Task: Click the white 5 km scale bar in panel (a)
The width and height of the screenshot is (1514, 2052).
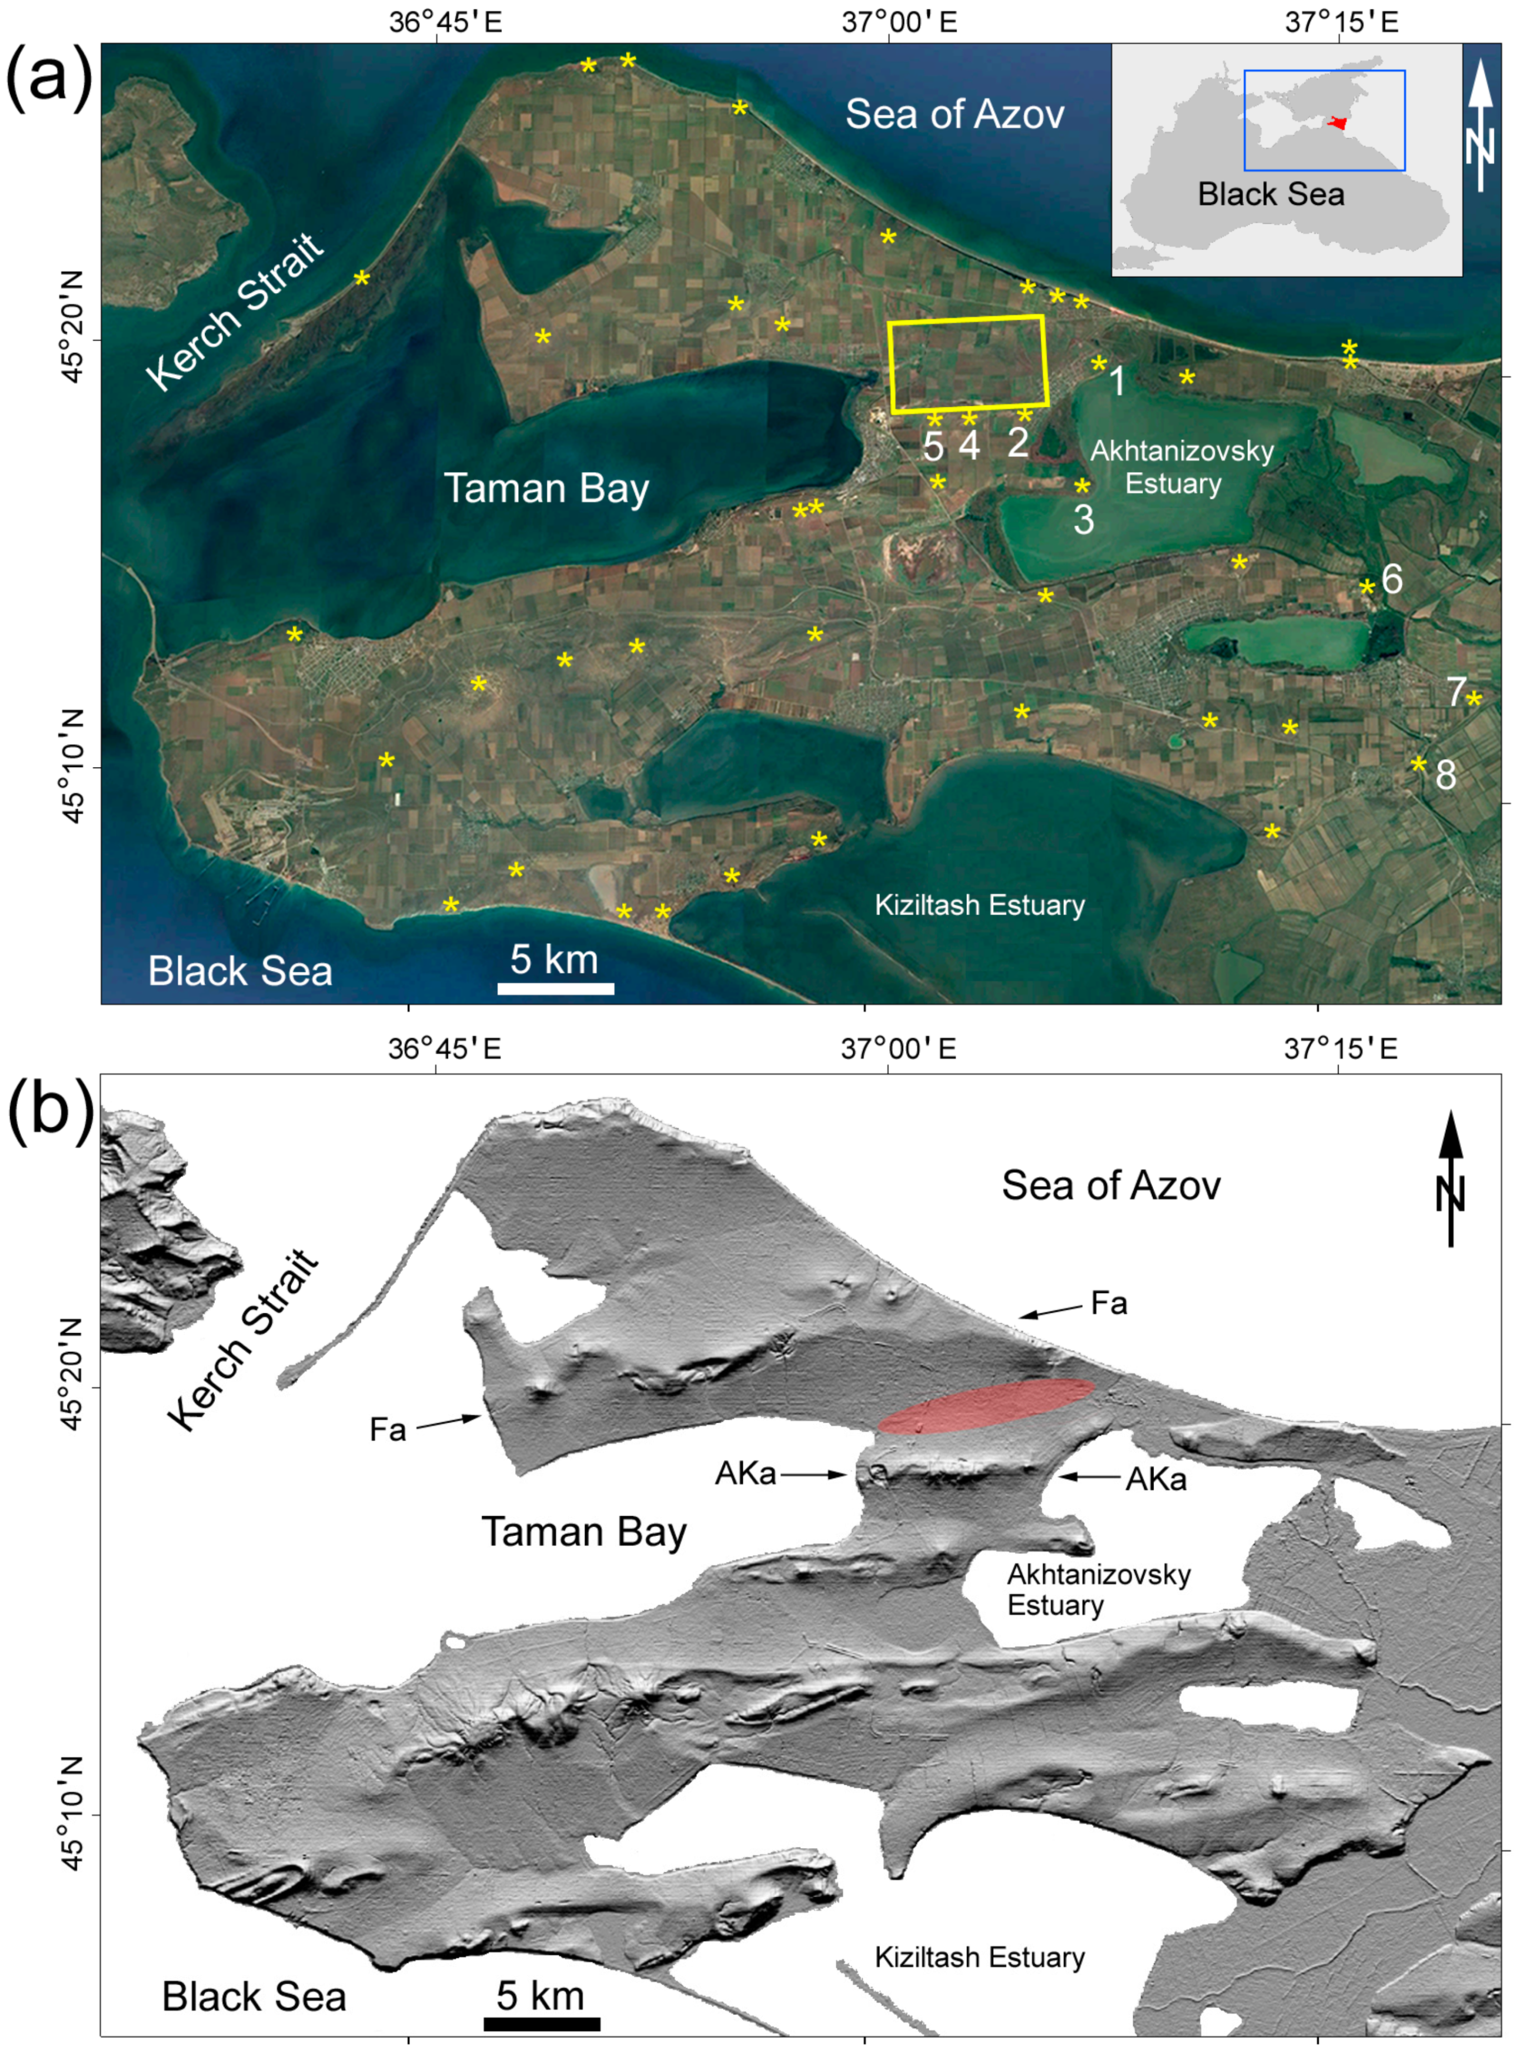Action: click(555, 987)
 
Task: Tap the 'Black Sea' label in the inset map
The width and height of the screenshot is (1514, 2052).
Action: click(1271, 194)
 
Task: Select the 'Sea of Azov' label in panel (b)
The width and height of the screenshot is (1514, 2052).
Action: click(1111, 1185)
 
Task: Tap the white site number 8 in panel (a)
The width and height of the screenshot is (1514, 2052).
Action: click(1445, 775)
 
